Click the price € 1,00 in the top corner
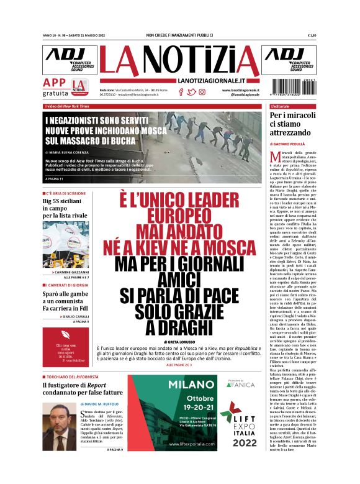[x=312, y=35]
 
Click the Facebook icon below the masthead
[x=181, y=92]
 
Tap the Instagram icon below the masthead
[x=202, y=92]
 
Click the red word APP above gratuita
[x=55, y=83]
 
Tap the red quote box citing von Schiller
[x=67, y=354]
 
